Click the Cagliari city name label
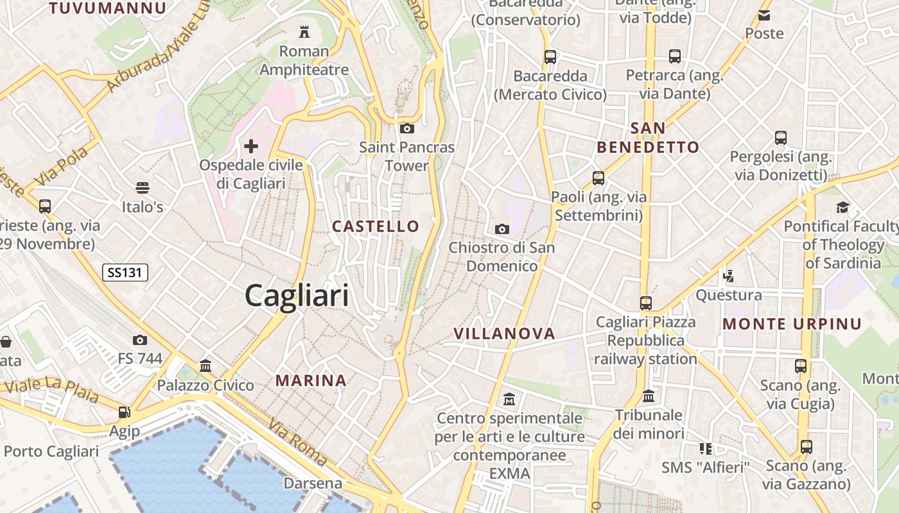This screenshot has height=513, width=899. pos(297,296)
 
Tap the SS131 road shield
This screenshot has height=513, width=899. pos(125,273)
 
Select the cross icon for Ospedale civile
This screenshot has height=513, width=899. pos(250,146)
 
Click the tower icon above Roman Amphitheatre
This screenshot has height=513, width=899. pos(304,31)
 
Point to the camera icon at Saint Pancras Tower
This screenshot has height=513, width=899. pos(406,128)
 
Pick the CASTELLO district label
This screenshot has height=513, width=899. pos(376,226)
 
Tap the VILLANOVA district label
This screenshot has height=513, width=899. pos(504,333)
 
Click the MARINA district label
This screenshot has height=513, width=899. pos(311,380)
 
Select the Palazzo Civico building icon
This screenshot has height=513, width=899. pos(206,366)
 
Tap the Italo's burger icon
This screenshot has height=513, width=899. pos(143,188)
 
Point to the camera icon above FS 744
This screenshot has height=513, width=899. pos(140,340)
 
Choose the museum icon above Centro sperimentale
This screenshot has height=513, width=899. pos(509,399)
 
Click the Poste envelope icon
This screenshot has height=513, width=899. pos(764,15)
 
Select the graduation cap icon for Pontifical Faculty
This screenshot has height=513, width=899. pos(842,207)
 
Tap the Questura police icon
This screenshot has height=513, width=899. pos(728,276)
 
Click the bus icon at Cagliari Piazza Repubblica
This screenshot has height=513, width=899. pos(645,303)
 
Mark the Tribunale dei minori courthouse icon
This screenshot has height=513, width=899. pos(649,396)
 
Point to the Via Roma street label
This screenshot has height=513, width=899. pos(298,442)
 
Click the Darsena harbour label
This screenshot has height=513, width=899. pos(313,483)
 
